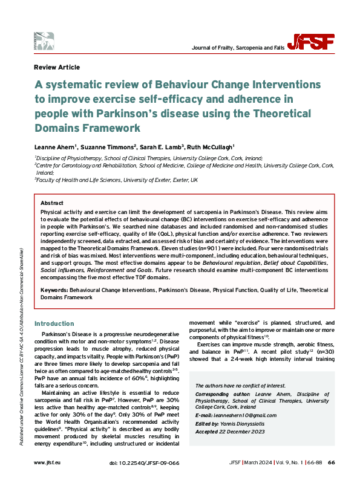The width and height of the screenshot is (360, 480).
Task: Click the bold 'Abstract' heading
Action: pos(51,203)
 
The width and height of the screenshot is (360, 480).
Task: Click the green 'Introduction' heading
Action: pos(54,323)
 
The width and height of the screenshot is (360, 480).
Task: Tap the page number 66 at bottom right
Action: pos(331,462)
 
